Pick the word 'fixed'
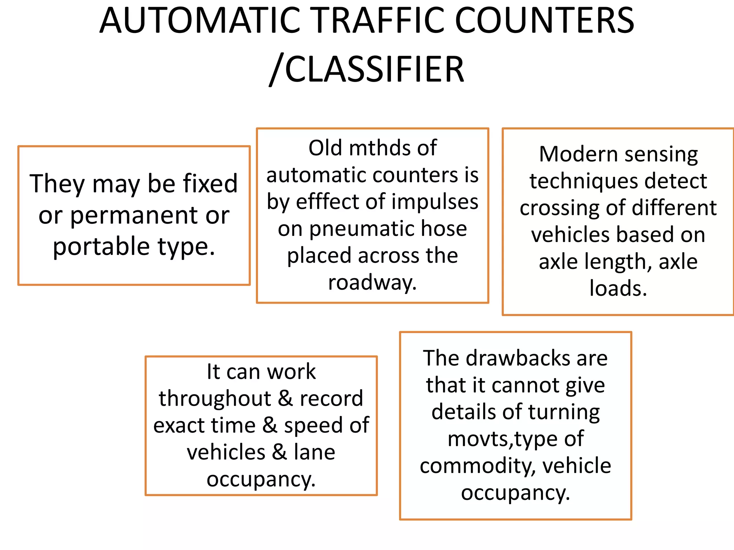pyautogui.click(x=210, y=184)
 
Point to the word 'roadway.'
pyautogui.click(x=372, y=283)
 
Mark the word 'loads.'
pyautogui.click(x=618, y=288)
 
